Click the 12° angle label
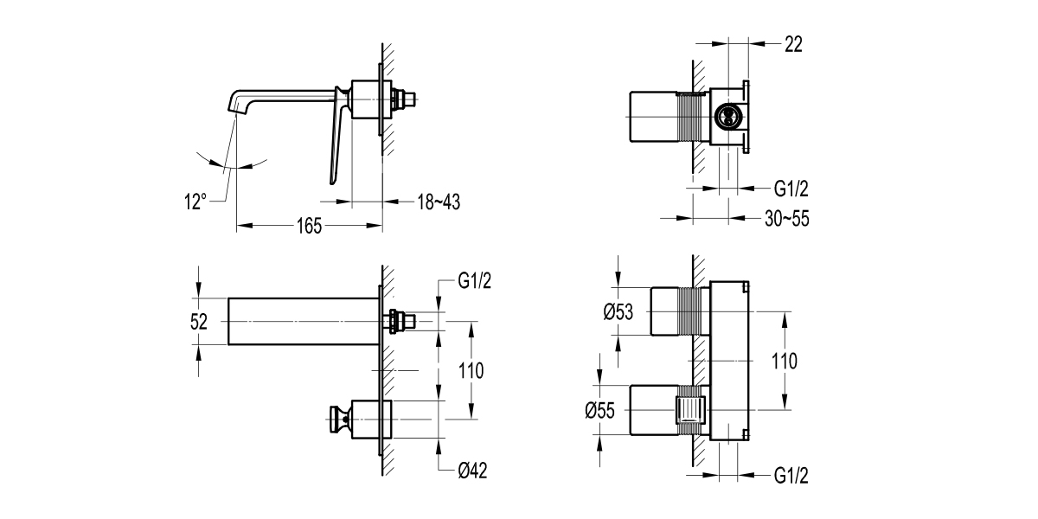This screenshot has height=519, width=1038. coord(195,202)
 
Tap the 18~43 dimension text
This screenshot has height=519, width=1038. coord(437,202)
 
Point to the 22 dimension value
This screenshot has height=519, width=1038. coord(792,45)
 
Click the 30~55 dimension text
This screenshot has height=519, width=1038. coord(786,219)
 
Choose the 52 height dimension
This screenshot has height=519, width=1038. coord(199,322)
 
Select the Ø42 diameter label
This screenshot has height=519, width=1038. coord(477,471)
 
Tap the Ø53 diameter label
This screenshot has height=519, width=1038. coord(616,311)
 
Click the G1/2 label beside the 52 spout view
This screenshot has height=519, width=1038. coord(477,282)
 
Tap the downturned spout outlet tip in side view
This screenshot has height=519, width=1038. coord(234,106)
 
